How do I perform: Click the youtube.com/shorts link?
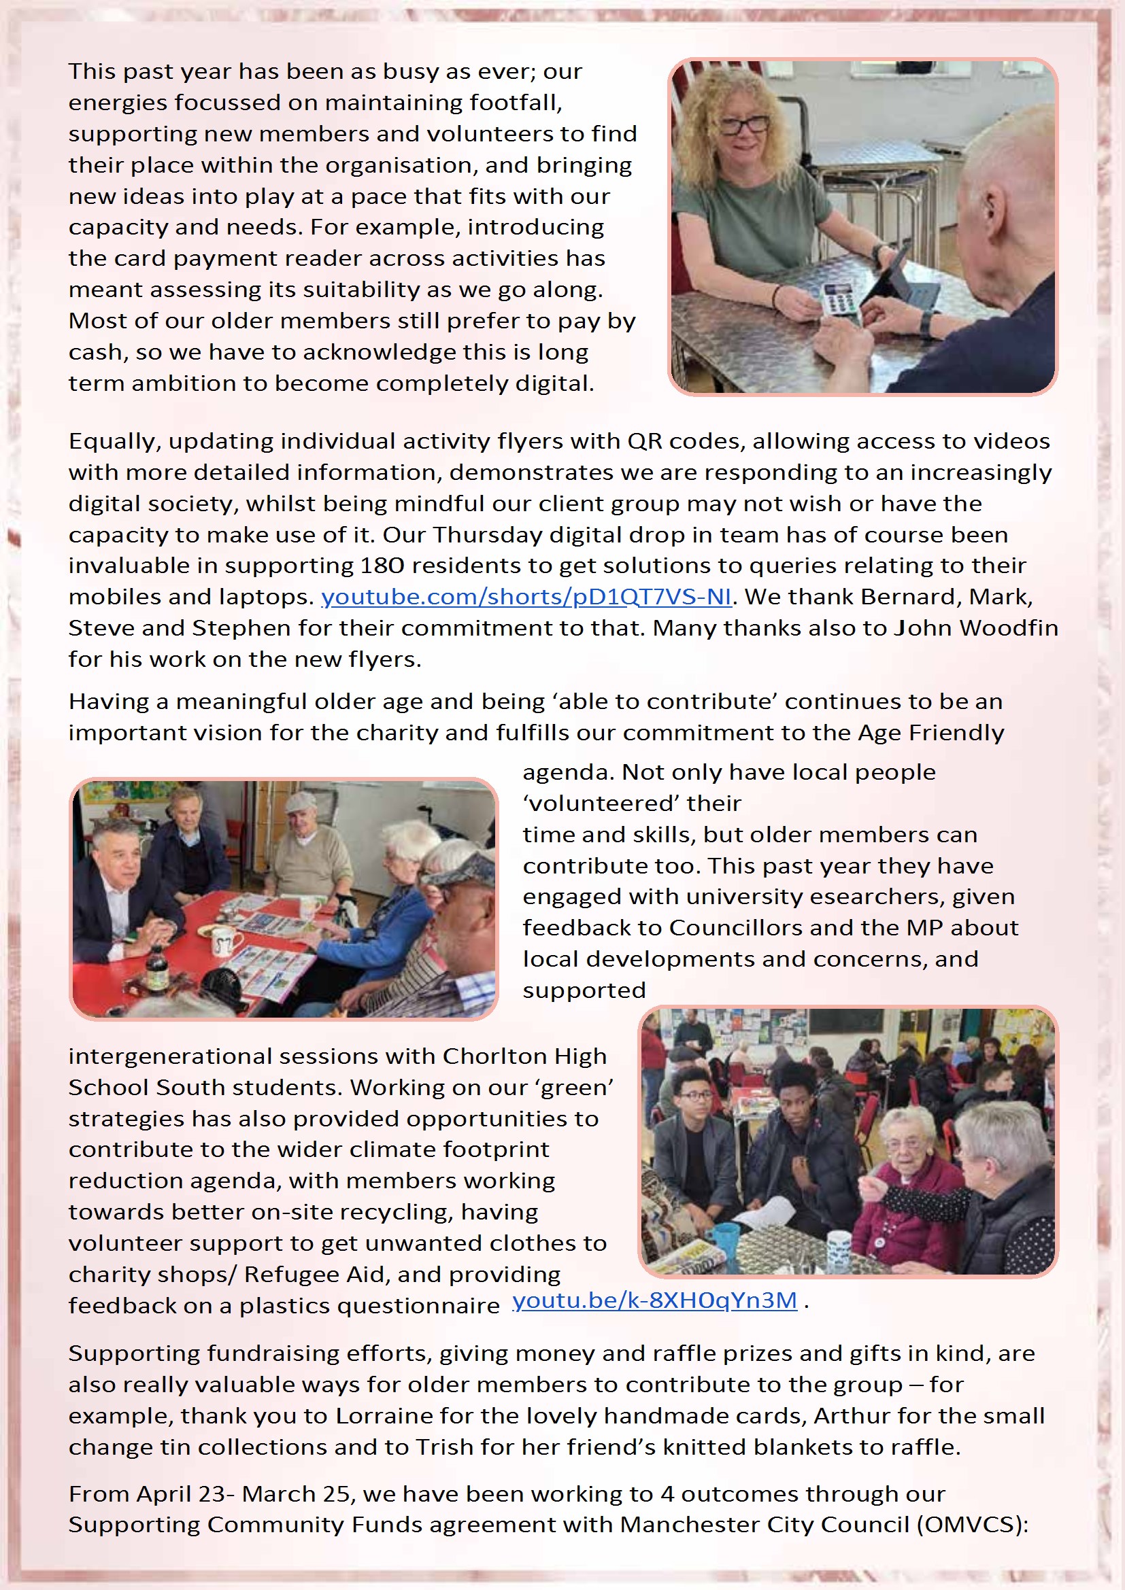[526, 597]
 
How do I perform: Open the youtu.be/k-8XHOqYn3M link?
[654, 1300]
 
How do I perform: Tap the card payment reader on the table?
[836, 298]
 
